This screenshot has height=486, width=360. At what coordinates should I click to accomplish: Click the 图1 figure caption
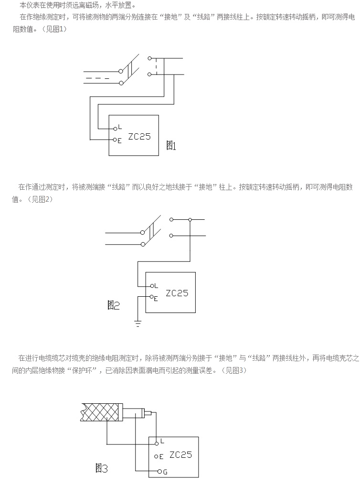pyautogui.click(x=171, y=146)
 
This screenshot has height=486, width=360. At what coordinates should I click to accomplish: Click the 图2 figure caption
pyautogui.click(x=113, y=306)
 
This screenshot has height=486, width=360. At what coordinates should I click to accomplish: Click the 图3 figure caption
pyautogui.click(x=101, y=468)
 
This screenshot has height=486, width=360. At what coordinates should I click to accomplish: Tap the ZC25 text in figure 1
pyautogui.click(x=139, y=136)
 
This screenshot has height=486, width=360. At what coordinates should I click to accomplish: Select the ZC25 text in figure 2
pyautogui.click(x=177, y=293)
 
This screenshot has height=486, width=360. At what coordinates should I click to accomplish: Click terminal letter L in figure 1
pyautogui.click(x=120, y=128)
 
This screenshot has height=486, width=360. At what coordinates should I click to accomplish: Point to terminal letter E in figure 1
pyautogui.click(x=119, y=140)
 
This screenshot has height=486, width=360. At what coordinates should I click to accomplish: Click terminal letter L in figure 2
pyautogui.click(x=157, y=285)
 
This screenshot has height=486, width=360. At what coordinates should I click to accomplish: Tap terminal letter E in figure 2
pyautogui.click(x=156, y=298)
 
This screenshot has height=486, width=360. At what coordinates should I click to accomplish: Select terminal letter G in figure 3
pyautogui.click(x=165, y=472)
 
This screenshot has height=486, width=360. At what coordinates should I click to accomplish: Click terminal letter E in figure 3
pyautogui.click(x=161, y=456)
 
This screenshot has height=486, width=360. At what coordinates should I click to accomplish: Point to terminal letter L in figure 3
pyautogui.click(x=162, y=441)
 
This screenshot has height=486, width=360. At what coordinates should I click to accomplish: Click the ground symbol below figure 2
pyautogui.click(x=138, y=324)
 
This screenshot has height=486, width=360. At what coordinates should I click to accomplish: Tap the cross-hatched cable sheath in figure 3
pyautogui.click(x=101, y=412)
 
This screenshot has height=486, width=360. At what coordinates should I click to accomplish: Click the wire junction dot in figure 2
pyautogui.click(x=190, y=220)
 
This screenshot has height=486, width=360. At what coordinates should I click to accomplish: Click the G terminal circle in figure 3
pyautogui.click(x=159, y=472)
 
